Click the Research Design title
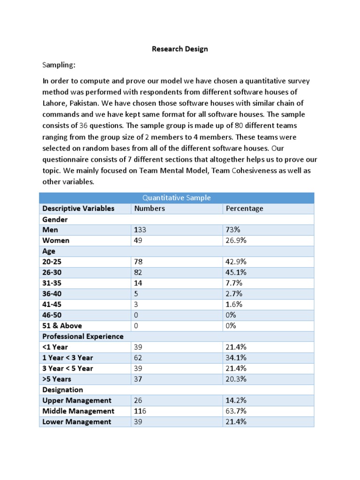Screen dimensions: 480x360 [x=180, y=49]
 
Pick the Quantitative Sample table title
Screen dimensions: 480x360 [x=176, y=198]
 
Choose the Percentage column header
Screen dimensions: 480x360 [x=244, y=209]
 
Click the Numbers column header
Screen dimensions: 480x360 [x=150, y=209]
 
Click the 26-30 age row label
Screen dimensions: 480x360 [x=52, y=272]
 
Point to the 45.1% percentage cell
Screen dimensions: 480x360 [x=236, y=272]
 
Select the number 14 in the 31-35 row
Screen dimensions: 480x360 [x=138, y=283]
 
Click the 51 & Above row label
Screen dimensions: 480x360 [x=62, y=326]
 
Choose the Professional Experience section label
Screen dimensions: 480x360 [x=83, y=337]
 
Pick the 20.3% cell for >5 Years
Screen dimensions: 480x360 [x=236, y=379]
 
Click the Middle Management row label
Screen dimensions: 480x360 [x=78, y=411]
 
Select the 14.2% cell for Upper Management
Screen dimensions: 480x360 [x=236, y=400]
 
